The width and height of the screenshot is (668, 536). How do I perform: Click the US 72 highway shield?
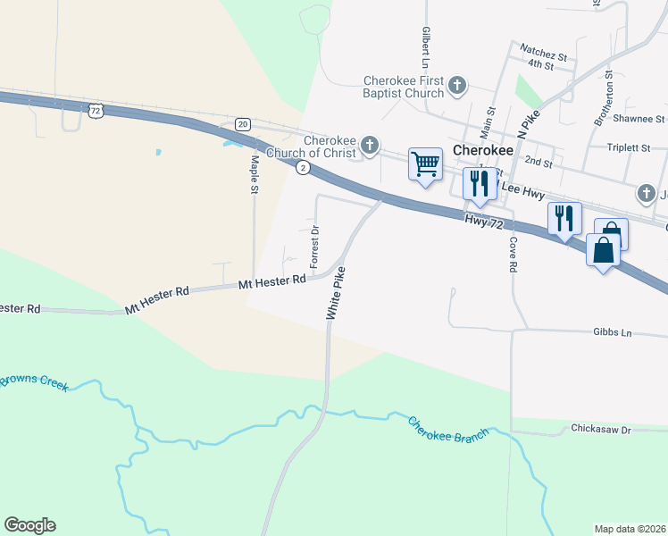[96, 110]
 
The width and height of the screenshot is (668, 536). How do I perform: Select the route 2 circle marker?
[304, 167]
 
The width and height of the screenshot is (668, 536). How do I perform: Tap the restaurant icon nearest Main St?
[480, 183]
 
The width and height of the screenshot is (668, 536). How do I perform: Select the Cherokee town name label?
[483, 150]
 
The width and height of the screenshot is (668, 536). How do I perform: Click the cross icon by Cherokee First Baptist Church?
[457, 86]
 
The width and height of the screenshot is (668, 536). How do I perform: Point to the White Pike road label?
[336, 294]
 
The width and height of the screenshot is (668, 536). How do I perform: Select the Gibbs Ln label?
[612, 332]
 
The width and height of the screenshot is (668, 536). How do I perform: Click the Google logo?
[29, 525]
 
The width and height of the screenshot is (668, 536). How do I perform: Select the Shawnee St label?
[639, 119]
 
